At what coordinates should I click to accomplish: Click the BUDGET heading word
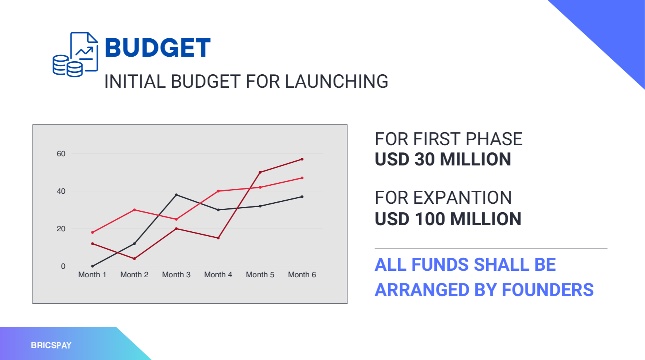pos(157,47)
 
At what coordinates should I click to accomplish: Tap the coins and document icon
pos(75,54)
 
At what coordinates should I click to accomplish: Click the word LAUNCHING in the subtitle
pos(336,81)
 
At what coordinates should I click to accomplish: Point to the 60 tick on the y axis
pos(61,154)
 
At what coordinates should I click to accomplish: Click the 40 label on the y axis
pos(61,191)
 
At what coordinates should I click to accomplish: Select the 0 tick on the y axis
pos(63,267)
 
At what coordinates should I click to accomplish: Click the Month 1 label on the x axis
pos(92,275)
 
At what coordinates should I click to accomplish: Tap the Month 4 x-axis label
pos(218,275)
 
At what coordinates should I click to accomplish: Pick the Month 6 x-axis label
pos(302,275)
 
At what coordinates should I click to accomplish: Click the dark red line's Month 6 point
pos(302,159)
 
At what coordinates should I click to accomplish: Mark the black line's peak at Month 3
pos(176,195)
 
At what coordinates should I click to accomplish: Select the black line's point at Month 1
pos(92,266)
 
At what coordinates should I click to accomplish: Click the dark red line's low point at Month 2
pos(134,259)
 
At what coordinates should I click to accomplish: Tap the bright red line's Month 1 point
pos(92,232)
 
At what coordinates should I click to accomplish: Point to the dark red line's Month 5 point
pos(260,172)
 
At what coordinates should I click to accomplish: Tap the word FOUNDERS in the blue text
pos(548,290)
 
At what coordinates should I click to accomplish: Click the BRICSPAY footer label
pos(51,345)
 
